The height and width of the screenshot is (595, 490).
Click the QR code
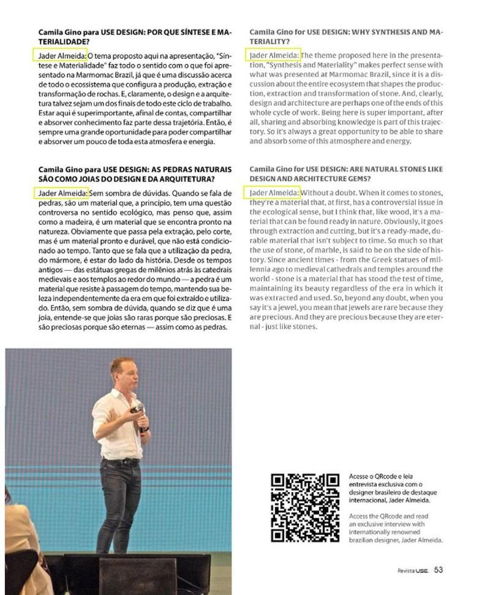[305, 507]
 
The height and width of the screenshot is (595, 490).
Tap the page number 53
[439, 570]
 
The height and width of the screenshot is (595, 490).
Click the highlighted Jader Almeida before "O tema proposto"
[61, 55]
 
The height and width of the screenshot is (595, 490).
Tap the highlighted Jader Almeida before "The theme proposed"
[274, 55]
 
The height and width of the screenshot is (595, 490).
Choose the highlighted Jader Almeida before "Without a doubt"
[274, 193]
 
